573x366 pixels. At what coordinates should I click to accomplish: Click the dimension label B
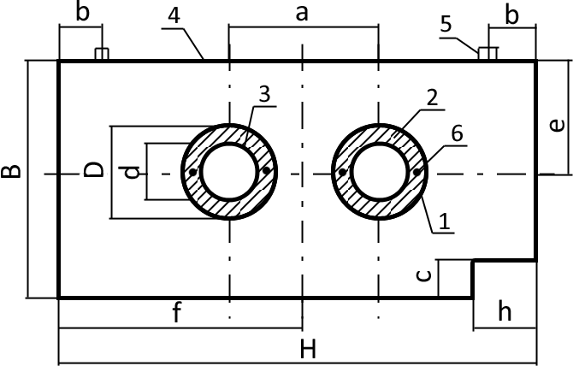(10, 171)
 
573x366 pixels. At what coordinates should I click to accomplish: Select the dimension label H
(308, 349)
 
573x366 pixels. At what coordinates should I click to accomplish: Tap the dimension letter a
(302, 14)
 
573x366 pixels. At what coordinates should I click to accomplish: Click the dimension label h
(505, 311)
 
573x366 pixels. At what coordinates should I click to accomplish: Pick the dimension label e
(557, 126)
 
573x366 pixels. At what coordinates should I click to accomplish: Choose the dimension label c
(424, 275)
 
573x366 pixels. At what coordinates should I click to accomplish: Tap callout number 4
(174, 15)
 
